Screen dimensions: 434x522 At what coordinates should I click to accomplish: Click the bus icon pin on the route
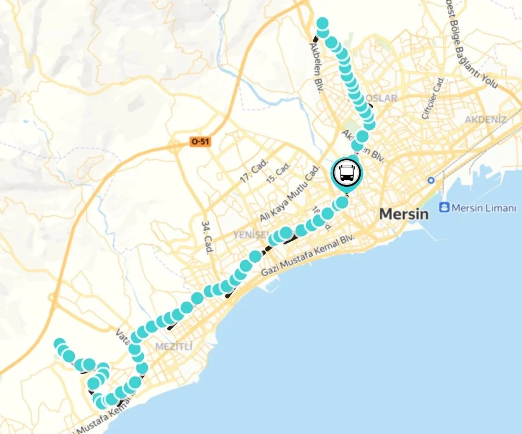346,172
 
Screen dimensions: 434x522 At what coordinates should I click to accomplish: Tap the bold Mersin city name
404,214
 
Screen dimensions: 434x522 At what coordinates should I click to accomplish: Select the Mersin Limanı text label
484,208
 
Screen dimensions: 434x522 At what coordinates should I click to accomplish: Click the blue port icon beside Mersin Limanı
445,207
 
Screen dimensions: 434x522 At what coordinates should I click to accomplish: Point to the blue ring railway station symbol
431,180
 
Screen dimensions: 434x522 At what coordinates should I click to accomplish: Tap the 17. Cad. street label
253,173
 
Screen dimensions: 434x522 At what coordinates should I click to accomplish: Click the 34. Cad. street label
205,237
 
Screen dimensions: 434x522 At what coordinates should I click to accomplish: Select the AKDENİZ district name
485,120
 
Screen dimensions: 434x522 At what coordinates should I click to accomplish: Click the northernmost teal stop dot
322,24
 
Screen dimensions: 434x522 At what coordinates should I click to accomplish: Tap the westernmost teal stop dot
59,345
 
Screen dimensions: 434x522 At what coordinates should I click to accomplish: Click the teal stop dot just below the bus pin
342,202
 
